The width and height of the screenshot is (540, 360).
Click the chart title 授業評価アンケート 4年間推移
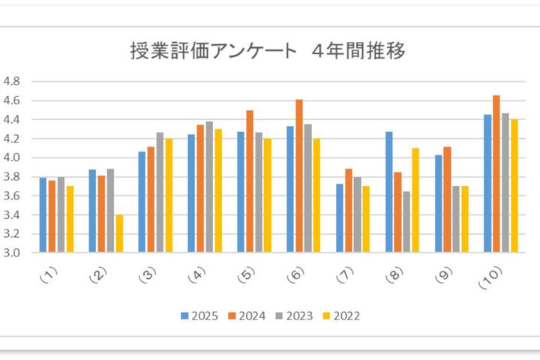coord(268,52)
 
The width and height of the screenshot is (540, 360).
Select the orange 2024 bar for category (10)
coord(496,174)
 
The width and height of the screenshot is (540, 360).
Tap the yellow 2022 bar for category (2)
coord(120,233)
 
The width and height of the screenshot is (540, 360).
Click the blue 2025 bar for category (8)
coord(389,192)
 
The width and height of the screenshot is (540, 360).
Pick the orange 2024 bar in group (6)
coord(298,176)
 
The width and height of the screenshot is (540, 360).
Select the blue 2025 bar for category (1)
coord(43,215)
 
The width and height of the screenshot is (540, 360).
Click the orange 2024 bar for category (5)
coord(249,181)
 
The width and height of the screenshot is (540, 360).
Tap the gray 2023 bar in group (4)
coord(208,187)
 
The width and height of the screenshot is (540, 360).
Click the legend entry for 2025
coord(199,316)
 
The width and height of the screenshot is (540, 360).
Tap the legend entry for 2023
coord(295,316)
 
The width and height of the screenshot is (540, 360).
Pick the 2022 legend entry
coord(343,316)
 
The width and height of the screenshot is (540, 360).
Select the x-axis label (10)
coord(490,279)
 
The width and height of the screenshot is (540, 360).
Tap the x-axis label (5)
coord(244,276)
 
